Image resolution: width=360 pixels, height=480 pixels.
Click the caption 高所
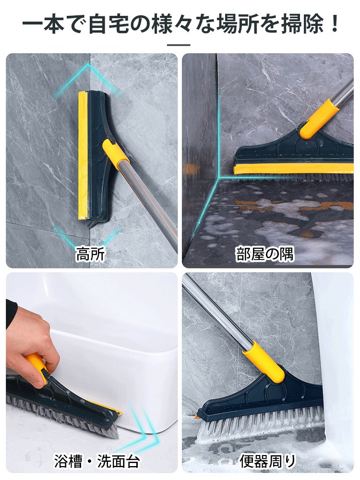[90, 254]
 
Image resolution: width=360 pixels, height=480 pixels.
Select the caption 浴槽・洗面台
[96, 462]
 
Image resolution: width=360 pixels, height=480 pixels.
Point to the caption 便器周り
[268, 462]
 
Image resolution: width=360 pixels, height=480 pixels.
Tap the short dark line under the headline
[180, 45]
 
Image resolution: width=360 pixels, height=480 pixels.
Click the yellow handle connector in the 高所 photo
[116, 155]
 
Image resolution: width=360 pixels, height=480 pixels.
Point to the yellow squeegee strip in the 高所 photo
[83, 154]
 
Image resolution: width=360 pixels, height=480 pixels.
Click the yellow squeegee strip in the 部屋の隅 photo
[293, 168]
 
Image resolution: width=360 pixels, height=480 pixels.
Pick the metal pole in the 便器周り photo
[216, 312]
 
